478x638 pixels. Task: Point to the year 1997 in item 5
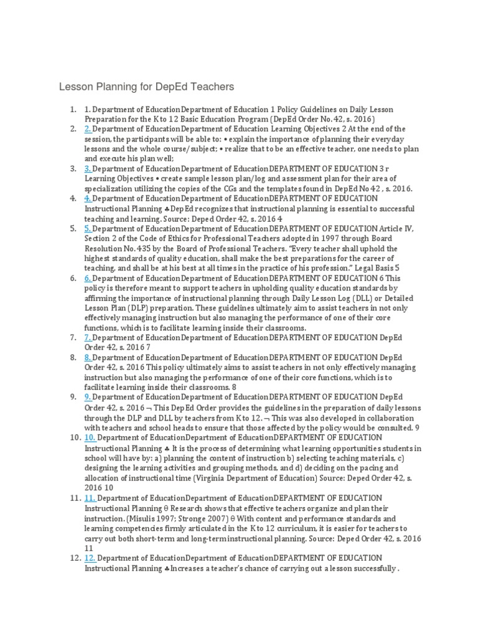(x=293, y=239)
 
